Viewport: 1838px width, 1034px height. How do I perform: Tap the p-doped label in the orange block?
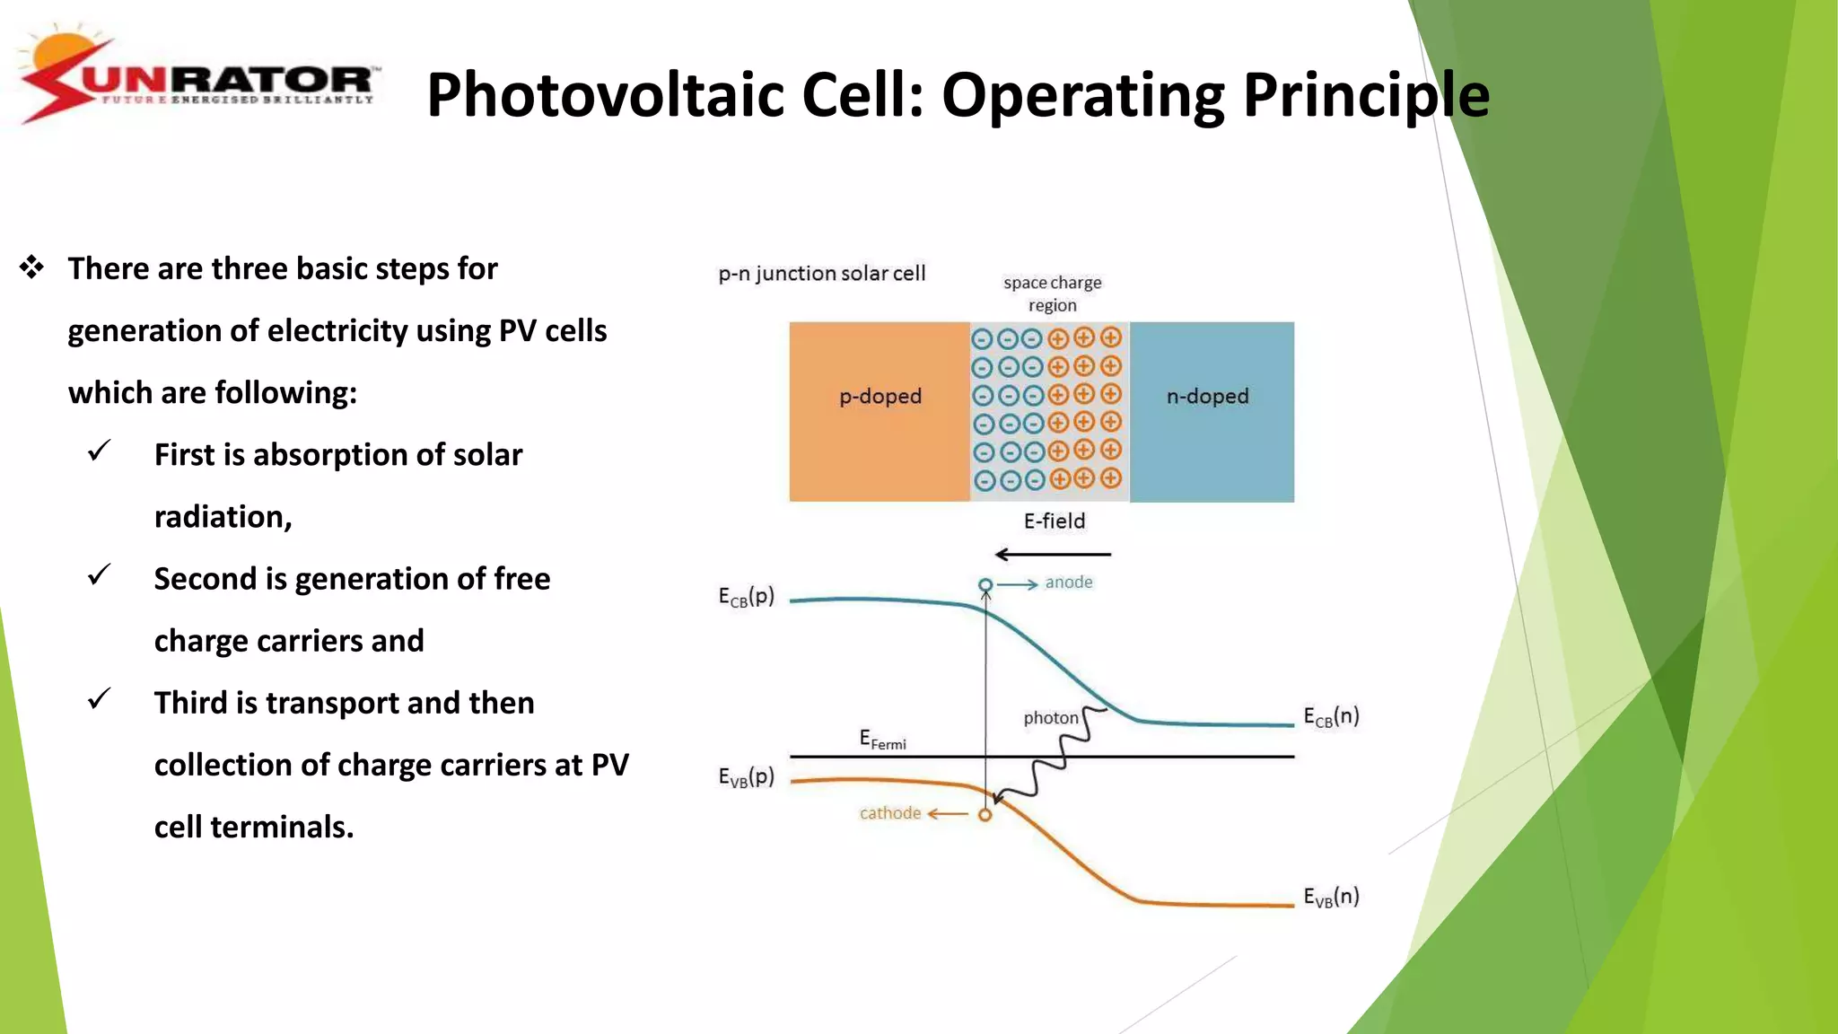click(x=880, y=396)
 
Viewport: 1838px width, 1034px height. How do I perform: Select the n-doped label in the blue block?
click(x=1207, y=396)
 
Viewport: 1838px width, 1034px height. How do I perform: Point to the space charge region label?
click(x=1052, y=294)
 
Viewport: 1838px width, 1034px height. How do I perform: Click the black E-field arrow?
click(x=1054, y=555)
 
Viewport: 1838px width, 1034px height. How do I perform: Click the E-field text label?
click(x=1055, y=521)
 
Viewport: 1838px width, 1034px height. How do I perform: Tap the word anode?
click(x=1069, y=582)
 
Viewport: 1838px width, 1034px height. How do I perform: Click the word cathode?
click(x=889, y=813)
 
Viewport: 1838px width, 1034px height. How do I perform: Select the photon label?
click(x=1051, y=718)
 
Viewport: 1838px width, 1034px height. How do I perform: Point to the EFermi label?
click(x=882, y=740)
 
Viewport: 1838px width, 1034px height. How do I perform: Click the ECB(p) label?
click(x=746, y=597)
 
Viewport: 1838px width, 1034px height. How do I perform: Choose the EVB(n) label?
click(x=1331, y=897)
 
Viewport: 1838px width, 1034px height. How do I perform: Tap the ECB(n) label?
click(x=1331, y=716)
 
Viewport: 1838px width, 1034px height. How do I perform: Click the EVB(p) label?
click(x=746, y=777)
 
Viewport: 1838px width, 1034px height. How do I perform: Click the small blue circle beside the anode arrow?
click(x=985, y=585)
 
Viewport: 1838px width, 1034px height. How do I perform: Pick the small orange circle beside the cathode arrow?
click(x=985, y=815)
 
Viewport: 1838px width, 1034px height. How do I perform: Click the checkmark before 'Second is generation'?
click(x=100, y=574)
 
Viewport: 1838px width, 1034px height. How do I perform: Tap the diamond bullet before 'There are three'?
click(x=32, y=267)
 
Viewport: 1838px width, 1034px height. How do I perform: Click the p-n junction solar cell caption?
click(x=821, y=273)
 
